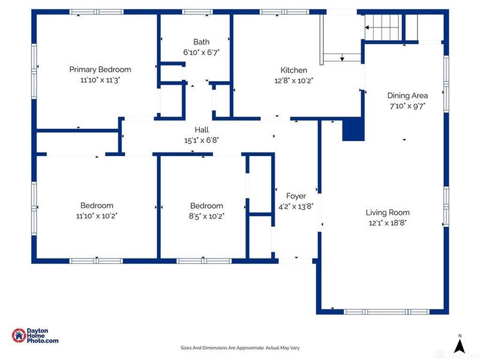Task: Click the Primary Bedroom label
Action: click(x=100, y=70)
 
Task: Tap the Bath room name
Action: click(x=202, y=42)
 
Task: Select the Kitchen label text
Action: click(x=294, y=70)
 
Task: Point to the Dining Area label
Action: click(x=407, y=95)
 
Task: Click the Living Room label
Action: click(x=388, y=212)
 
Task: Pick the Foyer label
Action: click(x=296, y=196)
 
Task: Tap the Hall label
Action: click(x=202, y=130)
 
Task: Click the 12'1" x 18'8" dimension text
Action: click(x=388, y=223)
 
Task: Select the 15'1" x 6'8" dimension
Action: click(x=202, y=140)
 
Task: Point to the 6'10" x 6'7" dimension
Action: click(x=202, y=52)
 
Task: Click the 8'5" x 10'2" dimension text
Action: click(x=206, y=217)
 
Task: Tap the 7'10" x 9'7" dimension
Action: click(x=407, y=106)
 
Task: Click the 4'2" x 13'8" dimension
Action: click(x=296, y=206)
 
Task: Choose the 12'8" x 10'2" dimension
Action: click(x=294, y=80)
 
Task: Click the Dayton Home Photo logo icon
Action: click(x=19, y=335)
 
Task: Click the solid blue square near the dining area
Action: click(x=353, y=130)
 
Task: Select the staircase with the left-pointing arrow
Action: click(x=383, y=27)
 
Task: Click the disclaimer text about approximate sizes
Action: click(x=240, y=348)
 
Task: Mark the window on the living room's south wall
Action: click(x=386, y=311)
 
